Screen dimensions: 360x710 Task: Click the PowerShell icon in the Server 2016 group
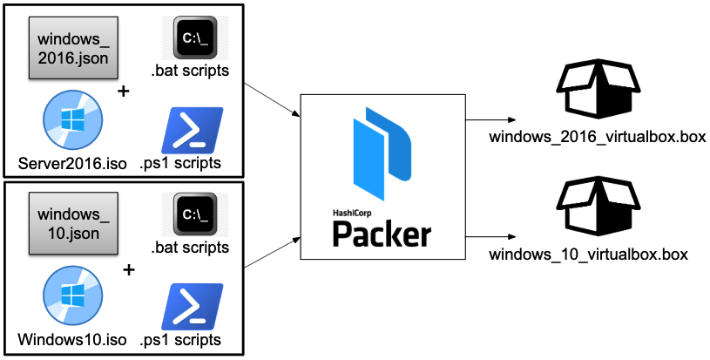(x=193, y=130)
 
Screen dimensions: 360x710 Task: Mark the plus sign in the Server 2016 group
(x=123, y=92)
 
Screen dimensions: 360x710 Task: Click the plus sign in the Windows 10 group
(x=130, y=269)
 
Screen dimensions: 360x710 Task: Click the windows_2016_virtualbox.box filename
(x=597, y=137)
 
